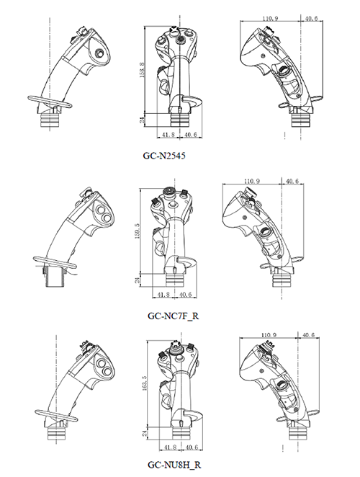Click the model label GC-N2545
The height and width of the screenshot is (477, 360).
coord(164,156)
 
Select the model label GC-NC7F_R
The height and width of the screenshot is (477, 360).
coord(174,316)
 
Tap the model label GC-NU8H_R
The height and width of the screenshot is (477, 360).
coord(174,465)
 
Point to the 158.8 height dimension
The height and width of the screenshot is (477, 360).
coord(143,70)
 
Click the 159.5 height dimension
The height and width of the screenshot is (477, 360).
coord(137,231)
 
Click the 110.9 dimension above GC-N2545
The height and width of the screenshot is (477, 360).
coord(270,19)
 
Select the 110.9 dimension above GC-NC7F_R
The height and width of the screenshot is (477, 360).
coord(252,181)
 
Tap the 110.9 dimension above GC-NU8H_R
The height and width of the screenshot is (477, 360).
coord(269,335)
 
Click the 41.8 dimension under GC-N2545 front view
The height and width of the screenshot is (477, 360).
coord(168,135)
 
